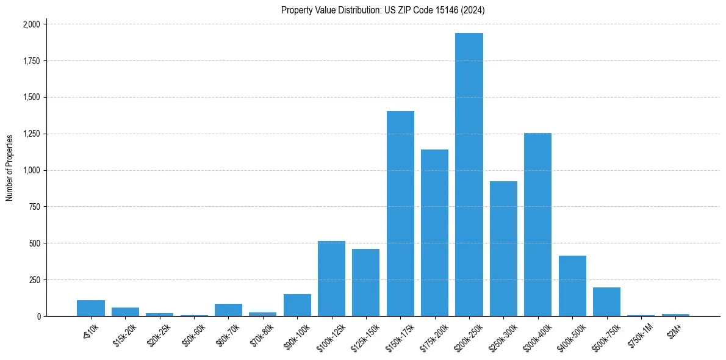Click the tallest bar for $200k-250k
coord(469,175)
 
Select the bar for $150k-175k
coord(400,214)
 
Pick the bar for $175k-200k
coord(434,232)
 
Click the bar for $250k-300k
coord(503,248)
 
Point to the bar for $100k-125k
coord(331,278)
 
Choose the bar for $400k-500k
coord(572,286)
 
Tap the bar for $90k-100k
coord(297,305)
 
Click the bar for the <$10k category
coord(91,308)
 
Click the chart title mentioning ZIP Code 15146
coord(383,10)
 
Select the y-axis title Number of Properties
coord(10,168)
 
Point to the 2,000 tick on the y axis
coord(31,24)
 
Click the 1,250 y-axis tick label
coord(31,134)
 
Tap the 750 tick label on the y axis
coord(34,207)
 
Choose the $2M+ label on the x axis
coord(674,329)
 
